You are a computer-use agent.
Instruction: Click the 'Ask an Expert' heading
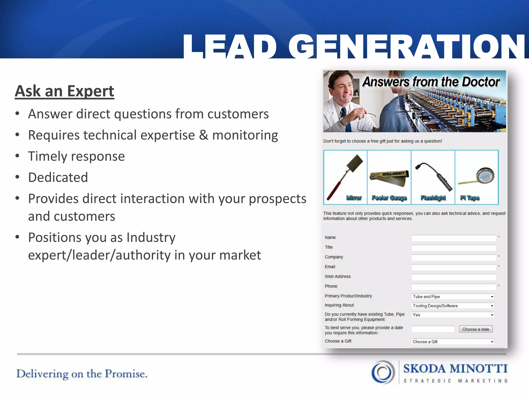point(65,91)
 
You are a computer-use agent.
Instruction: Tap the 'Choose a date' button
point(476,329)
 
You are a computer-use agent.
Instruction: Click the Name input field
point(454,238)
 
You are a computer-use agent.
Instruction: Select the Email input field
point(454,267)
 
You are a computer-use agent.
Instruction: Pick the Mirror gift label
point(354,198)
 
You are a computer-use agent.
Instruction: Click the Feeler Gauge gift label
point(389,198)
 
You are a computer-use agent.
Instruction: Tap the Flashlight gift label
point(433,198)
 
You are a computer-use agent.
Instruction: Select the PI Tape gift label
point(470,198)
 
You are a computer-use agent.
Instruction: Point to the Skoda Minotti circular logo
point(383,372)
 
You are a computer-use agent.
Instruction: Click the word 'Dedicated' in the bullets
point(58,178)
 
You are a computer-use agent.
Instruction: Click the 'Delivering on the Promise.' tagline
point(82,374)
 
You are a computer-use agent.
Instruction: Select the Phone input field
point(454,287)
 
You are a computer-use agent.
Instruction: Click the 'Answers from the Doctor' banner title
point(431,82)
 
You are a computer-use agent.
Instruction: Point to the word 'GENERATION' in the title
point(407,47)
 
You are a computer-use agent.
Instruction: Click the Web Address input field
point(454,277)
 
